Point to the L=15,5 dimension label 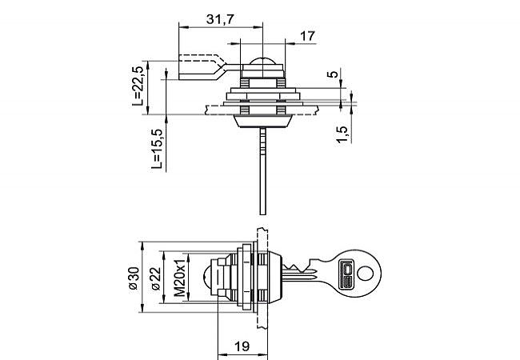(x=157, y=150)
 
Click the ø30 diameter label (x=133, y=277)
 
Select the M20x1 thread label (x=180, y=278)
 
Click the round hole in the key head (x=366, y=272)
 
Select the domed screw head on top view (x=262, y=62)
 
